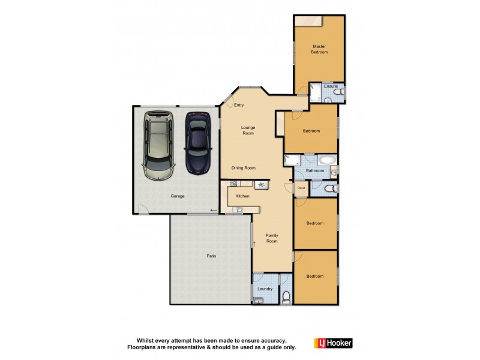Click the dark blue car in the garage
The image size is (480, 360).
coord(197,143)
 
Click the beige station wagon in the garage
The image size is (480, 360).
coord(159,145)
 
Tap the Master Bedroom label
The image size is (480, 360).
coord(319,49)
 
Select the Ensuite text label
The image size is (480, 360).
coord(331,86)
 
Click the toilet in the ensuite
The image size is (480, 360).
coord(340,94)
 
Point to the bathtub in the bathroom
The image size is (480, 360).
coord(327,161)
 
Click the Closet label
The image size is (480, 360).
coord(301,188)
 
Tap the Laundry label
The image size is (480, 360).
coord(265,289)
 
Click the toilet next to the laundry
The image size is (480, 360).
coord(286,296)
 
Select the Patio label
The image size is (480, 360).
coord(211,256)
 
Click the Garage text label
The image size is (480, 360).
coord(177,196)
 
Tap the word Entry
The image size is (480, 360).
coord(239,106)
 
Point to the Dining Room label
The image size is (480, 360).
coord(244,168)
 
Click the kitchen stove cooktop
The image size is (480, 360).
coord(262,185)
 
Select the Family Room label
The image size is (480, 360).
coord(272,238)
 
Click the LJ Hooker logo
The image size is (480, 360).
coord(333,343)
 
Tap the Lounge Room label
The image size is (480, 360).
coord(248,130)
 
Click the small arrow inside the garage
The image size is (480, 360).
coord(214,210)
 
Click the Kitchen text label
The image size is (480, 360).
coord(242,196)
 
